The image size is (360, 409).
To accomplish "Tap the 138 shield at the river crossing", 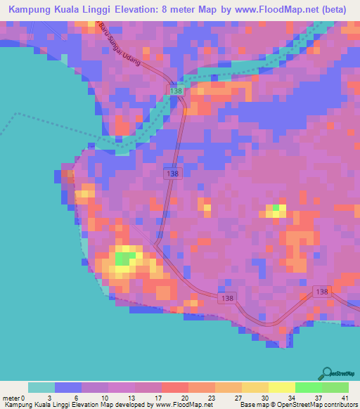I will pyautogui.click(x=176, y=91).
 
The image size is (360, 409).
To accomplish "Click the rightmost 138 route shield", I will pyautogui.click(x=322, y=292).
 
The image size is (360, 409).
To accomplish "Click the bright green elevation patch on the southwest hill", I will pyautogui.click(x=123, y=259).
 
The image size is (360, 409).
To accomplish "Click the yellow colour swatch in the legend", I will pyautogui.click(x=281, y=387).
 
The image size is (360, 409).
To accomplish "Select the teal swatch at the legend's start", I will pyautogui.click(x=41, y=387).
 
